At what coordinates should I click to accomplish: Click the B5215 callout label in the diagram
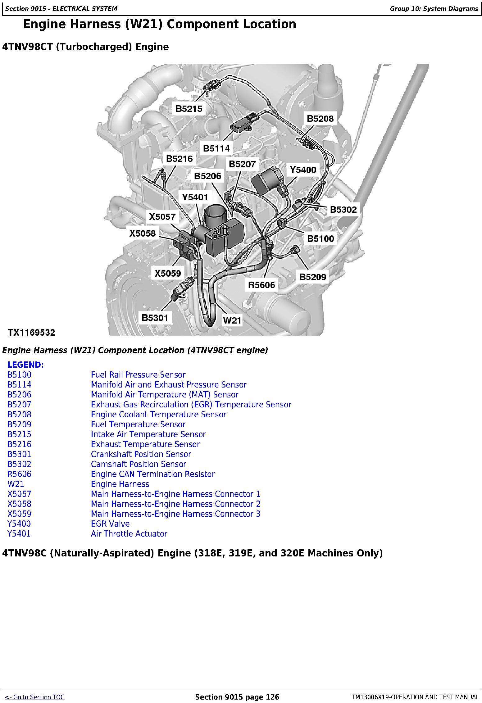(x=189, y=109)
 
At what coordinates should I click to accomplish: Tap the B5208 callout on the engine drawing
(x=320, y=119)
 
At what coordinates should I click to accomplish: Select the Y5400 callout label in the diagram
(x=303, y=170)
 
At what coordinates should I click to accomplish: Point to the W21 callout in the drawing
(x=232, y=320)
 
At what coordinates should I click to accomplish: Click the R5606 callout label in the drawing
(x=261, y=285)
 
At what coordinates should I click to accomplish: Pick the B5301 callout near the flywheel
(x=155, y=318)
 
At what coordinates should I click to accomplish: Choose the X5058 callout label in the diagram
(x=143, y=233)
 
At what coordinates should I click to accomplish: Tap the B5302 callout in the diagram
(x=343, y=210)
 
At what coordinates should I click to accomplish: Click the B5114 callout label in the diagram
(x=216, y=148)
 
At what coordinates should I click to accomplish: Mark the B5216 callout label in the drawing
(x=179, y=159)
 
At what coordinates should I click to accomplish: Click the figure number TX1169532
(x=31, y=333)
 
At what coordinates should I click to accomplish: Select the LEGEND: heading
(x=26, y=365)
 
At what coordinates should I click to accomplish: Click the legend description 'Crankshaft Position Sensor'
(x=141, y=454)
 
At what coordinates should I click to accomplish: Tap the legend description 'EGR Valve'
(x=110, y=524)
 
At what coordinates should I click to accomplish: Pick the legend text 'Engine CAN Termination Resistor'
(x=153, y=474)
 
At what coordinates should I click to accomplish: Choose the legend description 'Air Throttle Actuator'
(x=129, y=534)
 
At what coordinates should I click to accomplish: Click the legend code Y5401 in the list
(x=19, y=534)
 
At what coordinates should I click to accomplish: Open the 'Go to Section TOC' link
(x=35, y=697)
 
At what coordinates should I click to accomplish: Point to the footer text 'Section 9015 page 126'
(x=237, y=697)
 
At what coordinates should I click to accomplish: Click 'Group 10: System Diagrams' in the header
(x=434, y=9)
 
